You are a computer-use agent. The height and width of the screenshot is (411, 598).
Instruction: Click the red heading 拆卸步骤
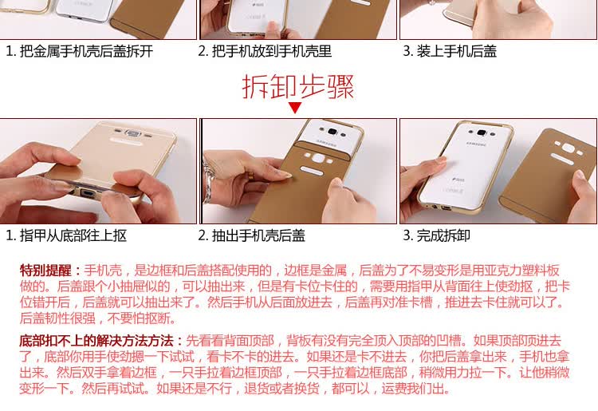click(298, 87)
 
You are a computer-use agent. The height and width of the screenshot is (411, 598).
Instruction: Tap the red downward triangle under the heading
click(295, 107)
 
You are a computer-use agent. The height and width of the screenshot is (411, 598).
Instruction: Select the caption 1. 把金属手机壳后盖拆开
click(79, 51)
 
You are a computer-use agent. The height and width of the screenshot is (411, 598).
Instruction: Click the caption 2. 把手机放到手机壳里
click(265, 51)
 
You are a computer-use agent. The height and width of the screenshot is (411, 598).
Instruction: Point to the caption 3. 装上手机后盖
click(450, 51)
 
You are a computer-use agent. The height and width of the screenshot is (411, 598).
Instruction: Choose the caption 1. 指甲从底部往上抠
click(66, 235)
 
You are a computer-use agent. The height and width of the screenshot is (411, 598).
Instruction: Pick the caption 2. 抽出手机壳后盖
click(251, 235)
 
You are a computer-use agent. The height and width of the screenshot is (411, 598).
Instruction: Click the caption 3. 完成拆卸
click(436, 235)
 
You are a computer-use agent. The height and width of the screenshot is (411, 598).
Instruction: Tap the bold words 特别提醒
click(45, 271)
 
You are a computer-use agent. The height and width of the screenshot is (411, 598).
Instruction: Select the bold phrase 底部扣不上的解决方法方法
click(96, 341)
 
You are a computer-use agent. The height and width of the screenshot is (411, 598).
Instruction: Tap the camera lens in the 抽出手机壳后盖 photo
click(332, 131)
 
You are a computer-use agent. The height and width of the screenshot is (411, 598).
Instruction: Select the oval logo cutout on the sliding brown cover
click(312, 170)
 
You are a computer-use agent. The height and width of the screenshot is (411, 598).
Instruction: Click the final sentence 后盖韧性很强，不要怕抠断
click(97, 318)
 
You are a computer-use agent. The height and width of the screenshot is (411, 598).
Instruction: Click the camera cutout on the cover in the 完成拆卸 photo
click(568, 148)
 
